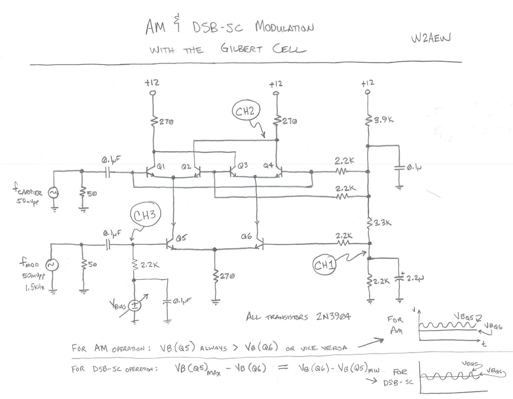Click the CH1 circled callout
[x=324, y=265]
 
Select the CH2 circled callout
[x=245, y=111]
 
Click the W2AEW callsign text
[x=431, y=38]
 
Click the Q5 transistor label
[x=181, y=238]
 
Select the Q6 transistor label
[x=246, y=237]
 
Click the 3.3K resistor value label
[x=382, y=223]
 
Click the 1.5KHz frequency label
[x=35, y=288]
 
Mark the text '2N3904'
[x=333, y=316]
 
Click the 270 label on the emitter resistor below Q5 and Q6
[x=227, y=276]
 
